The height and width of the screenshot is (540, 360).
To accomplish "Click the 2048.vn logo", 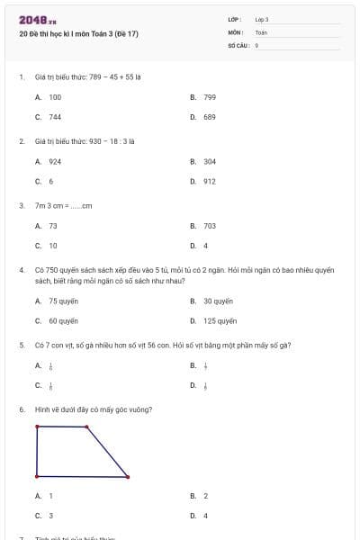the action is [37, 21].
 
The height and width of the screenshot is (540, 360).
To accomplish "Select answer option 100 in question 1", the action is [55, 96].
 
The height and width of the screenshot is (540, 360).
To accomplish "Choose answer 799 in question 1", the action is [209, 96].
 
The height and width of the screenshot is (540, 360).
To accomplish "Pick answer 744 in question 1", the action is [55, 117].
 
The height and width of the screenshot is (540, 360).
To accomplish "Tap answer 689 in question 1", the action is [209, 117].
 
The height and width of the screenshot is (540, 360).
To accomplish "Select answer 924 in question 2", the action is [55, 161].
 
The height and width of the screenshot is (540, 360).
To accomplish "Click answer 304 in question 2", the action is [209, 161].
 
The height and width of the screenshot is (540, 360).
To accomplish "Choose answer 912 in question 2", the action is [209, 181].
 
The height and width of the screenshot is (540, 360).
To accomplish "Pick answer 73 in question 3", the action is [53, 226].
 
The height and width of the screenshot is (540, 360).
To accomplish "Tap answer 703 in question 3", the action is [209, 226].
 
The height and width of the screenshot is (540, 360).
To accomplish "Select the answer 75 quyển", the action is [63, 301].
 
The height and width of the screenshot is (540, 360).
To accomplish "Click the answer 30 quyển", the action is [218, 301].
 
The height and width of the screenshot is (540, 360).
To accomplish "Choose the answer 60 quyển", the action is [63, 320].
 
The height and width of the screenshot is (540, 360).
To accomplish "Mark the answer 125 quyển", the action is [220, 320].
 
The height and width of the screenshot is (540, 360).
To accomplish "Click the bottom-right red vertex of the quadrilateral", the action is [128, 476].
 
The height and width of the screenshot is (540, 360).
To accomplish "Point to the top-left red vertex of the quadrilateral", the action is [37, 427].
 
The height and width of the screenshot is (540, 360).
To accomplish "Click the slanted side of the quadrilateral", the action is [108, 452].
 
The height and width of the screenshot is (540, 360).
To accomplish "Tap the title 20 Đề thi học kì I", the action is [78, 34].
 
